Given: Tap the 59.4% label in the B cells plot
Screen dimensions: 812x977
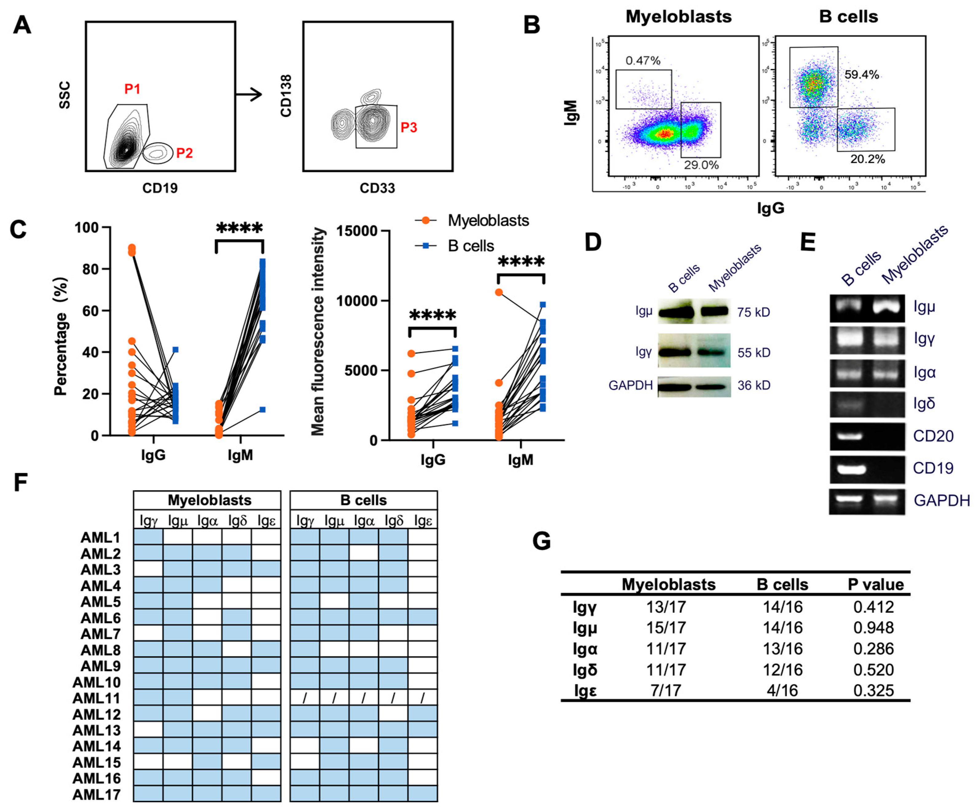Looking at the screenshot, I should (862, 74).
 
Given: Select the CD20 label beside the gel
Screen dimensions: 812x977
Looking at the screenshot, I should (933, 436).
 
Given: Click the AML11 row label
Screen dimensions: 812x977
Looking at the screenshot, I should (96, 698).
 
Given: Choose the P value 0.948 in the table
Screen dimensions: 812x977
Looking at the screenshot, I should (873, 628).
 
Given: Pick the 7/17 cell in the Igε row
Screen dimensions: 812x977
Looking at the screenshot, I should (666, 690).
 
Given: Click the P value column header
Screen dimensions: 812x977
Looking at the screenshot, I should (876, 584).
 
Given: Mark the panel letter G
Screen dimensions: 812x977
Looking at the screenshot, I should (542, 541).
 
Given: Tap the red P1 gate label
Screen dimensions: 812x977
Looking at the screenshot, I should (132, 89).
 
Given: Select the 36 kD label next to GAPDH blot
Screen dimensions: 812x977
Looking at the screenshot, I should (754, 385).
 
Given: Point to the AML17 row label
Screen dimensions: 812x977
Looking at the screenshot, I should (96, 794).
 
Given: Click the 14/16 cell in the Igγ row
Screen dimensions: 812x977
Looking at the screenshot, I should (783, 607).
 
